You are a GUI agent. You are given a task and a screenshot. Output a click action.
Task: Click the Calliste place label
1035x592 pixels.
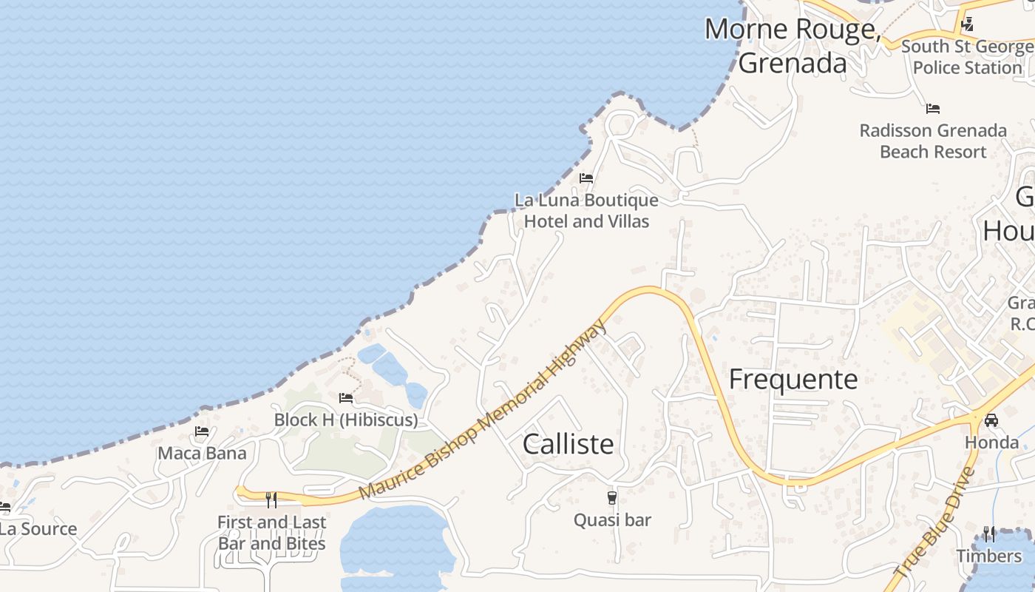pyautogui.click(x=568, y=444)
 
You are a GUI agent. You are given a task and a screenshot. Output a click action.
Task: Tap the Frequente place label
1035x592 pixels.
pyautogui.click(x=793, y=380)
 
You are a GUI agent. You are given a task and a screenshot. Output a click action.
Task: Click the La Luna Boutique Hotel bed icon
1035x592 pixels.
pyautogui.click(x=586, y=178)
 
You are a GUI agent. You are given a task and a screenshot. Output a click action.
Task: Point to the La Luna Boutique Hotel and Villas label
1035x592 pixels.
pyautogui.click(x=586, y=211)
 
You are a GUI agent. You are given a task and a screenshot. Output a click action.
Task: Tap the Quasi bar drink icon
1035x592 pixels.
pyautogui.click(x=612, y=498)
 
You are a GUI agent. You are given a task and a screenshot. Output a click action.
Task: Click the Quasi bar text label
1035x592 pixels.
pyautogui.click(x=612, y=520)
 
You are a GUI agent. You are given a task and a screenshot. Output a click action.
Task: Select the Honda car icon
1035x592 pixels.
pyautogui.click(x=991, y=420)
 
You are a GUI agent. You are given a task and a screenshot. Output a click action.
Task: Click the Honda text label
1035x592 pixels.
pyautogui.click(x=991, y=443)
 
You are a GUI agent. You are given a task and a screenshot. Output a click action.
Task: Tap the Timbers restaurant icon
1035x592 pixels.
pyautogui.click(x=989, y=534)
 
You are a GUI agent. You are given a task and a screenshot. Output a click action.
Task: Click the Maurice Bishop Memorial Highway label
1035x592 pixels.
pyautogui.click(x=483, y=410)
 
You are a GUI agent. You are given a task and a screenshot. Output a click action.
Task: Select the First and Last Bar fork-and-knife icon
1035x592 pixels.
pyautogui.click(x=271, y=500)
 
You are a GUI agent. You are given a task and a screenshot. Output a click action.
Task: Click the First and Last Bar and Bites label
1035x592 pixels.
pyautogui.click(x=271, y=533)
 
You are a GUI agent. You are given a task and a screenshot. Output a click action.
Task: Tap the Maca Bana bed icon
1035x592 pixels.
pyautogui.click(x=202, y=431)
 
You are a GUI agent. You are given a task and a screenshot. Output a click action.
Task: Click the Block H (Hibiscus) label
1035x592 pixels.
pyautogui.click(x=345, y=420)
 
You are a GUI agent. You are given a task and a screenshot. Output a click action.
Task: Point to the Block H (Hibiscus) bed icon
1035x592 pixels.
pyautogui.click(x=345, y=398)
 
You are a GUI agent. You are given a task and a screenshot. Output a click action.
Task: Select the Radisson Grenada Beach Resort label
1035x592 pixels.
pyautogui.click(x=933, y=141)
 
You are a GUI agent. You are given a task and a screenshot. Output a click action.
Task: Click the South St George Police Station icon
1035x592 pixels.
pyautogui.click(x=967, y=25)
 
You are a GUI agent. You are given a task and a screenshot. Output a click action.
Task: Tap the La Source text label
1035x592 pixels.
pyautogui.click(x=38, y=529)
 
